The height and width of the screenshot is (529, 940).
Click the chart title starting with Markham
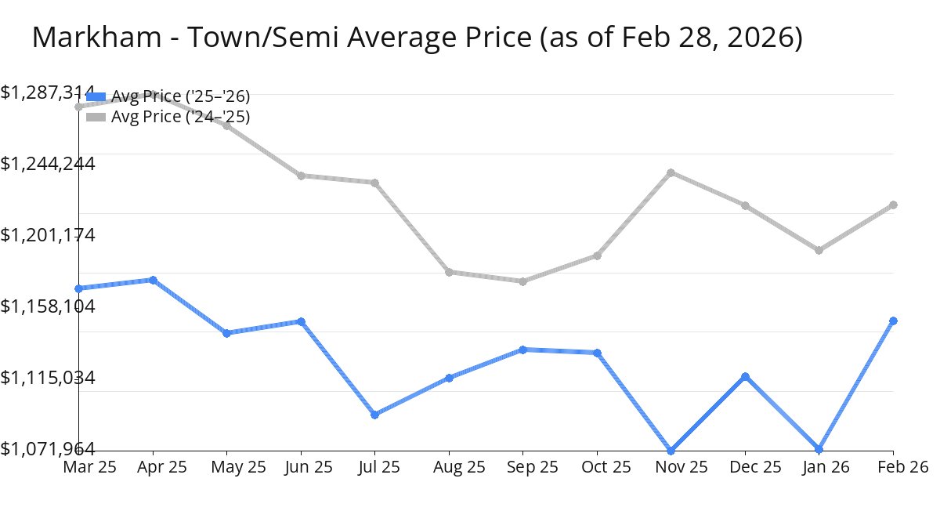pyautogui.click(x=417, y=38)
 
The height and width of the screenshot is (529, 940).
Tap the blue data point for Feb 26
pyautogui.click(x=893, y=321)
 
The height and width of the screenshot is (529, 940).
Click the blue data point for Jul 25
pyautogui.click(x=375, y=415)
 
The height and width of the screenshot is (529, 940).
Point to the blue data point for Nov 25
pyautogui.click(x=671, y=451)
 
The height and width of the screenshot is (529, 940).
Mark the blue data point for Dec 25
pyautogui.click(x=746, y=377)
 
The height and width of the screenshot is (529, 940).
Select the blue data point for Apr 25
pyautogui.click(x=153, y=280)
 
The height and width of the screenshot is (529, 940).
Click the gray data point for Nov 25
pyautogui.click(x=671, y=172)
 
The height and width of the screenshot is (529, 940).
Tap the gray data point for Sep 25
pyautogui.click(x=523, y=281)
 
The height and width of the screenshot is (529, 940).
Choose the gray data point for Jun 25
pyautogui.click(x=301, y=176)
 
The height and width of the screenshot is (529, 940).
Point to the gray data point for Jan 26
pyautogui.click(x=819, y=251)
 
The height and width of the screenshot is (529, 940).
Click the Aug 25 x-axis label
pyautogui.click(x=449, y=467)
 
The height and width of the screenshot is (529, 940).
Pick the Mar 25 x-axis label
pyautogui.click(x=89, y=467)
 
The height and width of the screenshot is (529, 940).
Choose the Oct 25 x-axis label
pyautogui.click(x=597, y=467)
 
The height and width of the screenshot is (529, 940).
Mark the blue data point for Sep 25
pyautogui.click(x=523, y=350)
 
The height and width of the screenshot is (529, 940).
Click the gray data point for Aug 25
pyautogui.click(x=449, y=272)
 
